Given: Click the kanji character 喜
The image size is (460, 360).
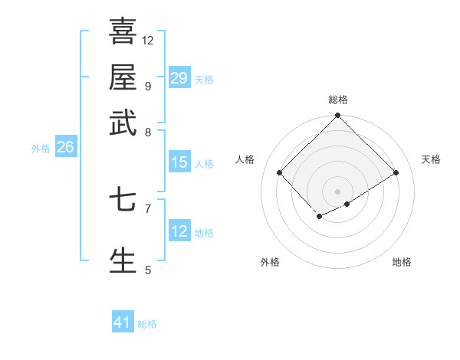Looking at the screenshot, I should click(123, 31).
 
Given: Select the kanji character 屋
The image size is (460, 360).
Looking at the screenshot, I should click(123, 77).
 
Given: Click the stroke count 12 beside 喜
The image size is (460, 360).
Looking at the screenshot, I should click(148, 40).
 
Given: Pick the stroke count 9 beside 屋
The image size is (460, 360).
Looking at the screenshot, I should click(148, 86).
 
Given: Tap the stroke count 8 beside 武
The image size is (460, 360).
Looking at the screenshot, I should click(148, 132).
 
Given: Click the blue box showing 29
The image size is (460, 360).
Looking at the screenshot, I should click(179, 78).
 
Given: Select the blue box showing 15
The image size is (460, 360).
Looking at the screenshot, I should click(179, 162).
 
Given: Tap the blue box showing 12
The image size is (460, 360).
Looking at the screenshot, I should click(179, 231).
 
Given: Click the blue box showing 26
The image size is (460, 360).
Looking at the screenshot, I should click(65, 148).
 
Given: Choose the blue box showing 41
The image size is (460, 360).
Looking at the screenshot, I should click(123, 322).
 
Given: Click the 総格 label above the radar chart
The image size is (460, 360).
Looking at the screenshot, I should click(338, 100).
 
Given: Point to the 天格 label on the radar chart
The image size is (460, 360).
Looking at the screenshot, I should click(432, 159).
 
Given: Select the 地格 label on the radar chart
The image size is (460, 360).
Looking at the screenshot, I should click(402, 262).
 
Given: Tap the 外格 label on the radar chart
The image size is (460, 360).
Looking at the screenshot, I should click(270, 262).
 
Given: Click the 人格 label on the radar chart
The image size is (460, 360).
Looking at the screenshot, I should click(245, 159).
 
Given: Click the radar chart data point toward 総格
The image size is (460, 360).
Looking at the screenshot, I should click(338, 116).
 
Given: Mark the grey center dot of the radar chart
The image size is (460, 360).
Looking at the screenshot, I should click(338, 191).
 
